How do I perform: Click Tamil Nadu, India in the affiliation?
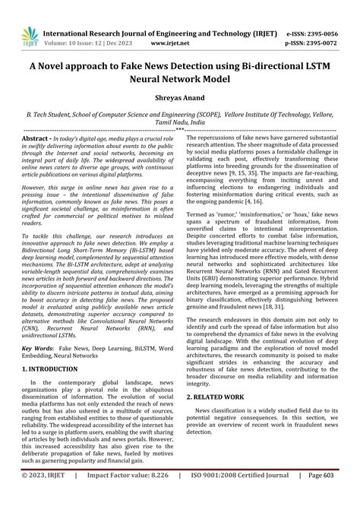point(180,122)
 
